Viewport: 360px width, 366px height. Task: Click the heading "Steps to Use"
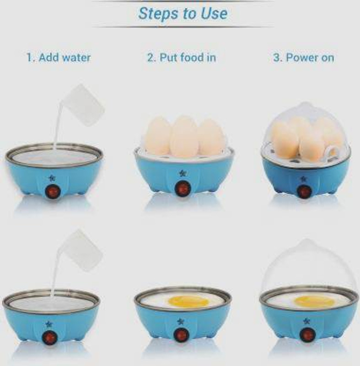pos(183,14)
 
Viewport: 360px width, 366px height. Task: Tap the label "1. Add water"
pos(59,58)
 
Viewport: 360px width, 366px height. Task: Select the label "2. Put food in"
pos(182,58)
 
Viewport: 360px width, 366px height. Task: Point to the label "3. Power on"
pos(304,58)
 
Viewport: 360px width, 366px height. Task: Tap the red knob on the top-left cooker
pos(53,191)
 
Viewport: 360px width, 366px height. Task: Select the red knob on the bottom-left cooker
pos(50,338)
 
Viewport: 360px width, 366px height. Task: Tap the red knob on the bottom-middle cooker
pos(181,335)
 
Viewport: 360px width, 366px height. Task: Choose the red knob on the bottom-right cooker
pos(307,335)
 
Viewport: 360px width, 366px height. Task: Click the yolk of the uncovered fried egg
pos(188,301)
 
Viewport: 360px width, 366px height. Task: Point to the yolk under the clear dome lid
pos(314,301)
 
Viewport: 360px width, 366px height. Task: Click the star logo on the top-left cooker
pos(52,178)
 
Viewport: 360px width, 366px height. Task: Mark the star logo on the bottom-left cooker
pos(48,324)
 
